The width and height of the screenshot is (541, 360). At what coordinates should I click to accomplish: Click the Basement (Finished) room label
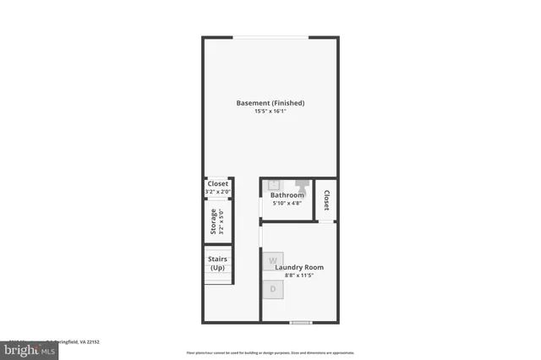pyautogui.click(x=270, y=103)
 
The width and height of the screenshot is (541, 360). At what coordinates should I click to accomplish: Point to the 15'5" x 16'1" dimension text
pyautogui.click(x=270, y=112)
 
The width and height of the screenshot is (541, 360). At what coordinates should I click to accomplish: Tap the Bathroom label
pyautogui.click(x=287, y=195)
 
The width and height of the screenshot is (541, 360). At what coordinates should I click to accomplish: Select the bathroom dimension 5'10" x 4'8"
pyautogui.click(x=287, y=203)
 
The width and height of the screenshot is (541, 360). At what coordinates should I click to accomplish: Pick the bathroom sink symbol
pyautogui.click(x=274, y=184)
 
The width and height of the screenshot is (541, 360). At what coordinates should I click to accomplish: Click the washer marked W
pyautogui.click(x=272, y=261)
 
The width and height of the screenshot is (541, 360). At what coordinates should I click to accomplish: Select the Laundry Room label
pyautogui.click(x=299, y=268)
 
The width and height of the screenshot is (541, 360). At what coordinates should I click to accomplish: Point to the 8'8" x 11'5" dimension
pyautogui.click(x=299, y=276)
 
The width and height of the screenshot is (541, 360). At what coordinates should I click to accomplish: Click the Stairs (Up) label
pyautogui.click(x=217, y=263)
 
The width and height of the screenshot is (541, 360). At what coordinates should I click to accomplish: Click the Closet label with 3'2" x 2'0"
pyautogui.click(x=218, y=183)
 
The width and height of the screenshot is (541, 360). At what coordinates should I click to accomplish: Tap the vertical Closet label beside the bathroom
pyautogui.click(x=326, y=200)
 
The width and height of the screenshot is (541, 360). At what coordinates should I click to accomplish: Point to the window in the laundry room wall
pyautogui.click(x=300, y=322)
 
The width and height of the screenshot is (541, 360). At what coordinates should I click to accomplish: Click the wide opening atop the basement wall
pyautogui.click(x=270, y=36)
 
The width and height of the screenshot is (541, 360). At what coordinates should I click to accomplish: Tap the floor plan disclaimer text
pyautogui.click(x=270, y=352)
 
